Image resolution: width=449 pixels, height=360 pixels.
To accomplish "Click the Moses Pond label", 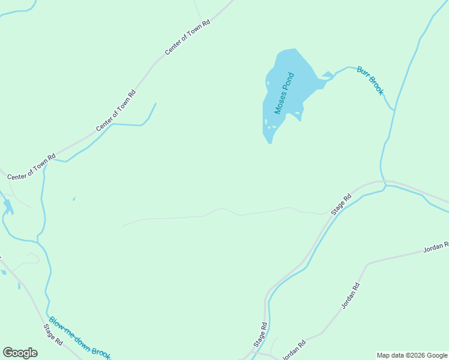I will click(285, 94).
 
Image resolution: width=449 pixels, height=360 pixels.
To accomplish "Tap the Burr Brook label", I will click(370, 80).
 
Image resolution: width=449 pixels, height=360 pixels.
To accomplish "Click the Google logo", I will click(20, 353).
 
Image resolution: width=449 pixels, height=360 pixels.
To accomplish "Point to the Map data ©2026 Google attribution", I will click(412, 355).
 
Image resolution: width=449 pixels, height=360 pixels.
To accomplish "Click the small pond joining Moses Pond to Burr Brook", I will click(327, 75).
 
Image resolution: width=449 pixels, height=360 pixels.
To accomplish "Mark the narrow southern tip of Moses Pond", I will click(270, 140).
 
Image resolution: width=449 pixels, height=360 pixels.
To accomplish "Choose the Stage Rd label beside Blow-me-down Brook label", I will click(53, 334).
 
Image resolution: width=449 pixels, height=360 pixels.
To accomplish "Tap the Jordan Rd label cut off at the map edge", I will click(436, 246).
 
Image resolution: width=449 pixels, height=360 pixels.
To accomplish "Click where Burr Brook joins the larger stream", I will click(393, 111).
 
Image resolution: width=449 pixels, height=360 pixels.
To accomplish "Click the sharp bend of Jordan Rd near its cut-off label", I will click(367, 263).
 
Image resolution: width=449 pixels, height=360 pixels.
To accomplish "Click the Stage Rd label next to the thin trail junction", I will click(341, 205).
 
